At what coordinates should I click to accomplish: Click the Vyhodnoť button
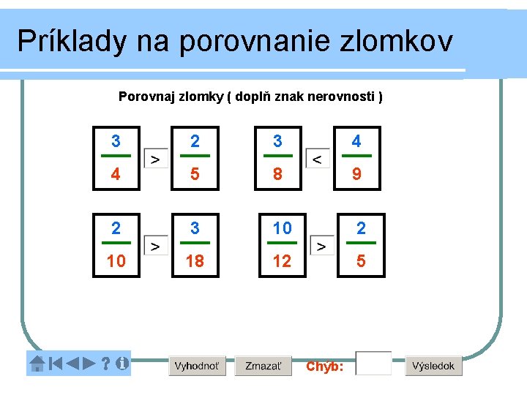point(197,366)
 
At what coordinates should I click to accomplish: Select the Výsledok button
point(433,366)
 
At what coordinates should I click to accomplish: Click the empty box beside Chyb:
point(373,364)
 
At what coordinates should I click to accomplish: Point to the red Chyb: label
point(324,366)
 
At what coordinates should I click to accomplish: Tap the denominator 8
point(277,176)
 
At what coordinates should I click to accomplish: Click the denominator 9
point(356,176)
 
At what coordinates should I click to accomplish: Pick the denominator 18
point(195,261)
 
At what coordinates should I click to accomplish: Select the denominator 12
point(282,261)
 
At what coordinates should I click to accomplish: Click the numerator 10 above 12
point(282,228)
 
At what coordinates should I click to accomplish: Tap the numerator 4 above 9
point(356,141)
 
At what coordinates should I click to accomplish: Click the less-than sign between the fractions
point(317,158)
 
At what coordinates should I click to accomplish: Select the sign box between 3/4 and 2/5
point(156,158)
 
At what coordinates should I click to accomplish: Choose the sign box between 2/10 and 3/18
point(156,246)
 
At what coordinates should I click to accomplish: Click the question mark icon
point(105,363)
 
